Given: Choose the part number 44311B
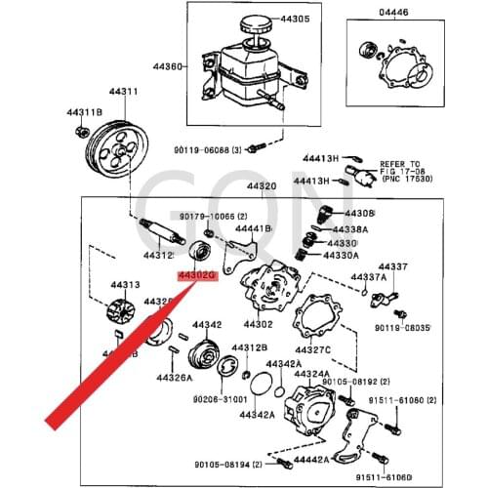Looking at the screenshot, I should tap(85, 113).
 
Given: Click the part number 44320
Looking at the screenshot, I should tap(261, 185).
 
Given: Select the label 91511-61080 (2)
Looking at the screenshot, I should tap(423, 400).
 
